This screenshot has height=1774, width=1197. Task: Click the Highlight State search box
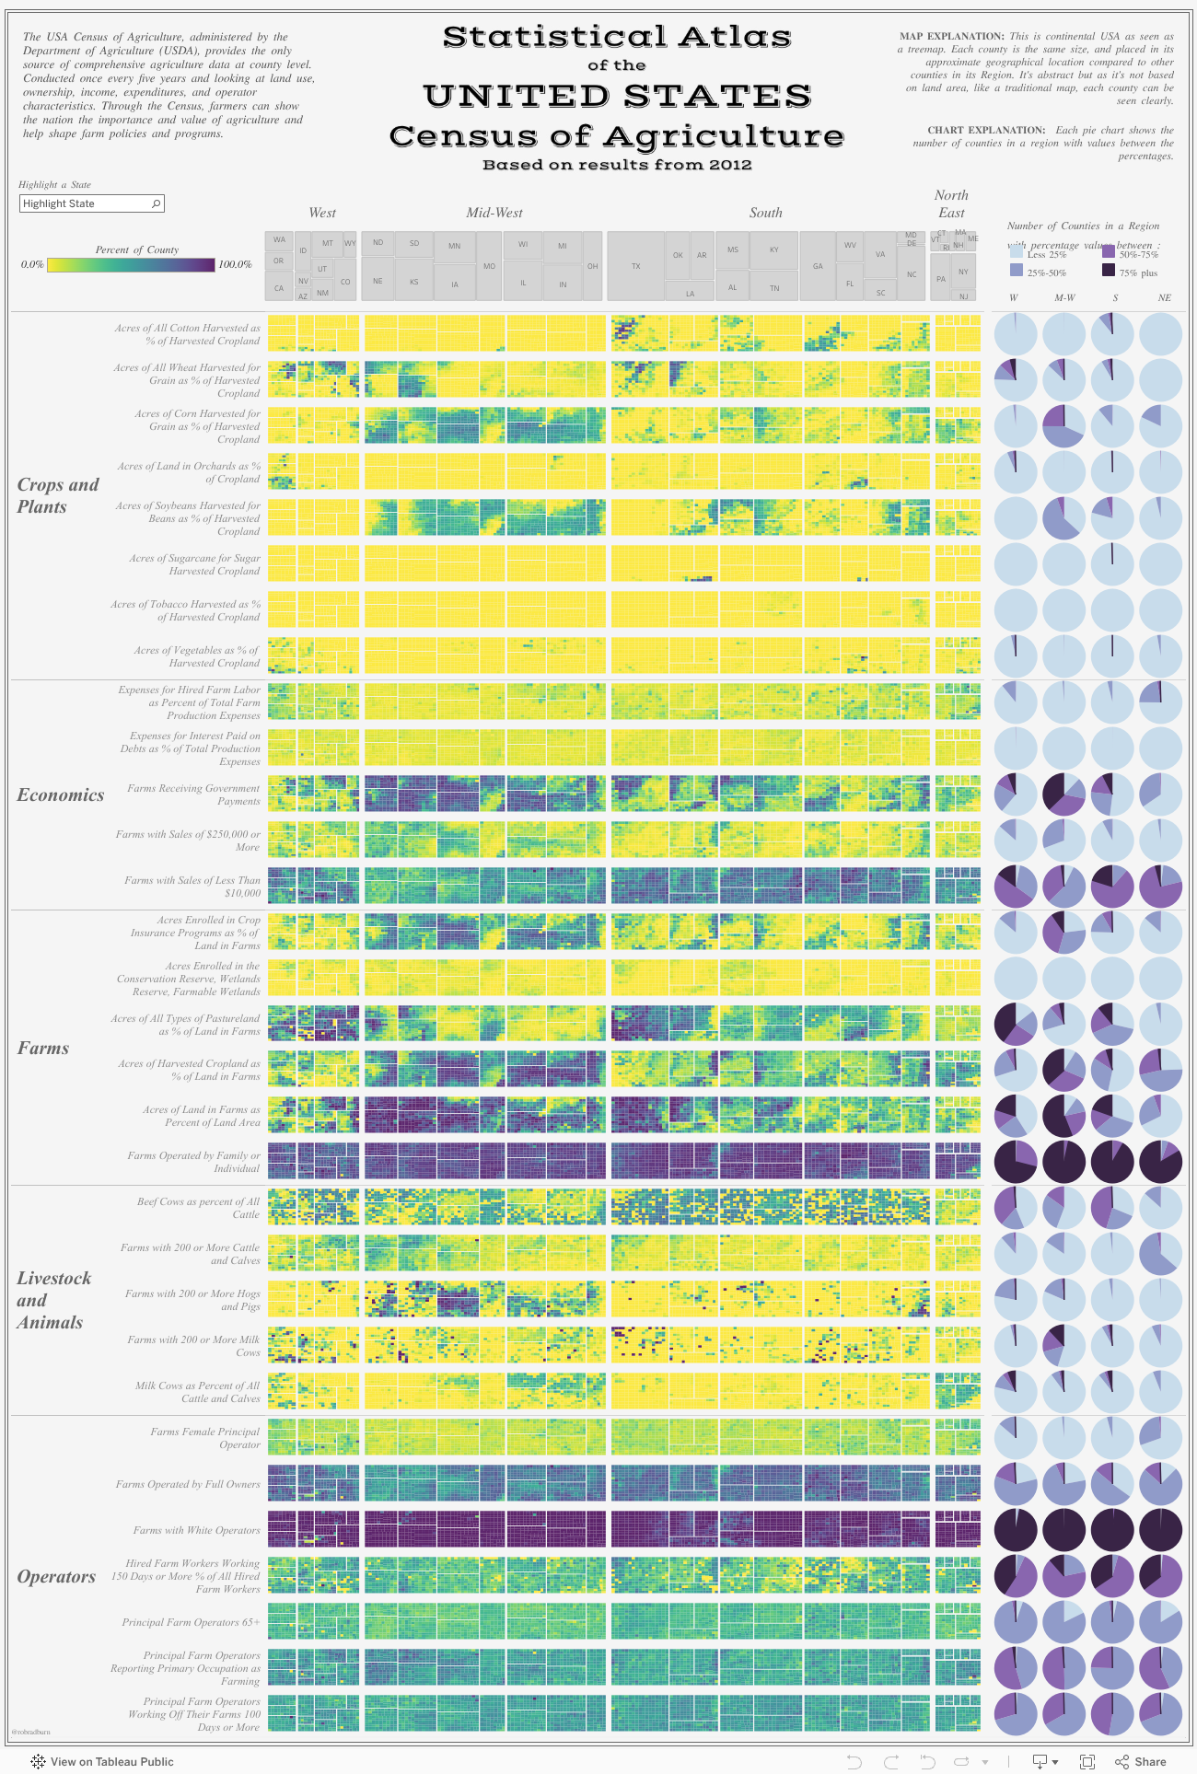[x=91, y=203]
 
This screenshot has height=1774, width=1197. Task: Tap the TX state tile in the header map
[x=635, y=266]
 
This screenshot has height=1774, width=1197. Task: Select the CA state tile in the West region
[x=279, y=288]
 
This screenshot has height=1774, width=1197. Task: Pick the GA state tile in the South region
[x=818, y=266]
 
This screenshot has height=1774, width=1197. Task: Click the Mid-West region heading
[x=494, y=213]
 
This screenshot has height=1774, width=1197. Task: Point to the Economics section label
[x=61, y=795]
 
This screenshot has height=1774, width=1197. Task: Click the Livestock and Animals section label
[x=53, y=1300]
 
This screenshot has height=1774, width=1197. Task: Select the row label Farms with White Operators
[x=196, y=1530]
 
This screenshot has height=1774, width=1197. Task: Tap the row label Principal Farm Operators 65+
[x=191, y=1622]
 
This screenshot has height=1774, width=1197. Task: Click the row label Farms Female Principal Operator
[x=205, y=1438]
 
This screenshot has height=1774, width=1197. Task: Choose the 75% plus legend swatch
[x=1109, y=272]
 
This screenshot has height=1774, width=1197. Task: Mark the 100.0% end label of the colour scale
[x=235, y=264]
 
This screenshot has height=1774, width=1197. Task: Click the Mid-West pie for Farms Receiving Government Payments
[x=1064, y=794]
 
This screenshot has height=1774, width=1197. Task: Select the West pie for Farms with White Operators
[x=1016, y=1530]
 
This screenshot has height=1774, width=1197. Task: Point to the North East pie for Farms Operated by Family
[x=1160, y=1162]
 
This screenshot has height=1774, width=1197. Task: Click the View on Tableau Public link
[x=111, y=1761]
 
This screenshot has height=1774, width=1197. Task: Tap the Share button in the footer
[x=1141, y=1761]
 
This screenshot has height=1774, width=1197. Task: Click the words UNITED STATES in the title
[x=617, y=96]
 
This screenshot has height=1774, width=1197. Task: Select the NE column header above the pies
[x=1164, y=297]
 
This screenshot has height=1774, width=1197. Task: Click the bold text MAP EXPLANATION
[x=951, y=36]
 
